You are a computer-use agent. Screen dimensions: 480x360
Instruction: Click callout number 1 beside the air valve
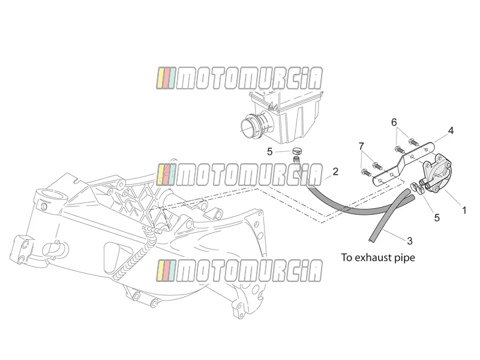[x=464, y=211]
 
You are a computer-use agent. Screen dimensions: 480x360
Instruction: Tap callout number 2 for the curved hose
[x=335, y=172]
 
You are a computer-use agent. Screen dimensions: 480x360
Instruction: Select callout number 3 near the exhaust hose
[x=410, y=241]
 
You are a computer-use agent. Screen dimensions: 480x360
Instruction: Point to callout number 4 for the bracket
[x=451, y=131]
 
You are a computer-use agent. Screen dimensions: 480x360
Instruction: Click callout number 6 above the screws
[x=394, y=122]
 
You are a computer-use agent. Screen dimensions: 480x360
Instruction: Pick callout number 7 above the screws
[x=362, y=146]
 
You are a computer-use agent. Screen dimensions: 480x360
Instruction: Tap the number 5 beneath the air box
[x=269, y=152]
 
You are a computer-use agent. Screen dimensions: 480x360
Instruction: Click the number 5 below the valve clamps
[x=437, y=218]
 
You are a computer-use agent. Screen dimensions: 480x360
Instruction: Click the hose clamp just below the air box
[x=296, y=151]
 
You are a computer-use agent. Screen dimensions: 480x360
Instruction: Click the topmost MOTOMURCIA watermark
[x=239, y=79]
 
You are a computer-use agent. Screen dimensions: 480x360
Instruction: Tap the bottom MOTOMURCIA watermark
[x=239, y=271]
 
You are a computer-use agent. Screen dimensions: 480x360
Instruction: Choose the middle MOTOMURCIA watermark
[x=239, y=175]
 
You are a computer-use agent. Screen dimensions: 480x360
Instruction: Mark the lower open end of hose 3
[x=371, y=238]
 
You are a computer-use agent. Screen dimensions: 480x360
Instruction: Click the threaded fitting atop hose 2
[x=296, y=159]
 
